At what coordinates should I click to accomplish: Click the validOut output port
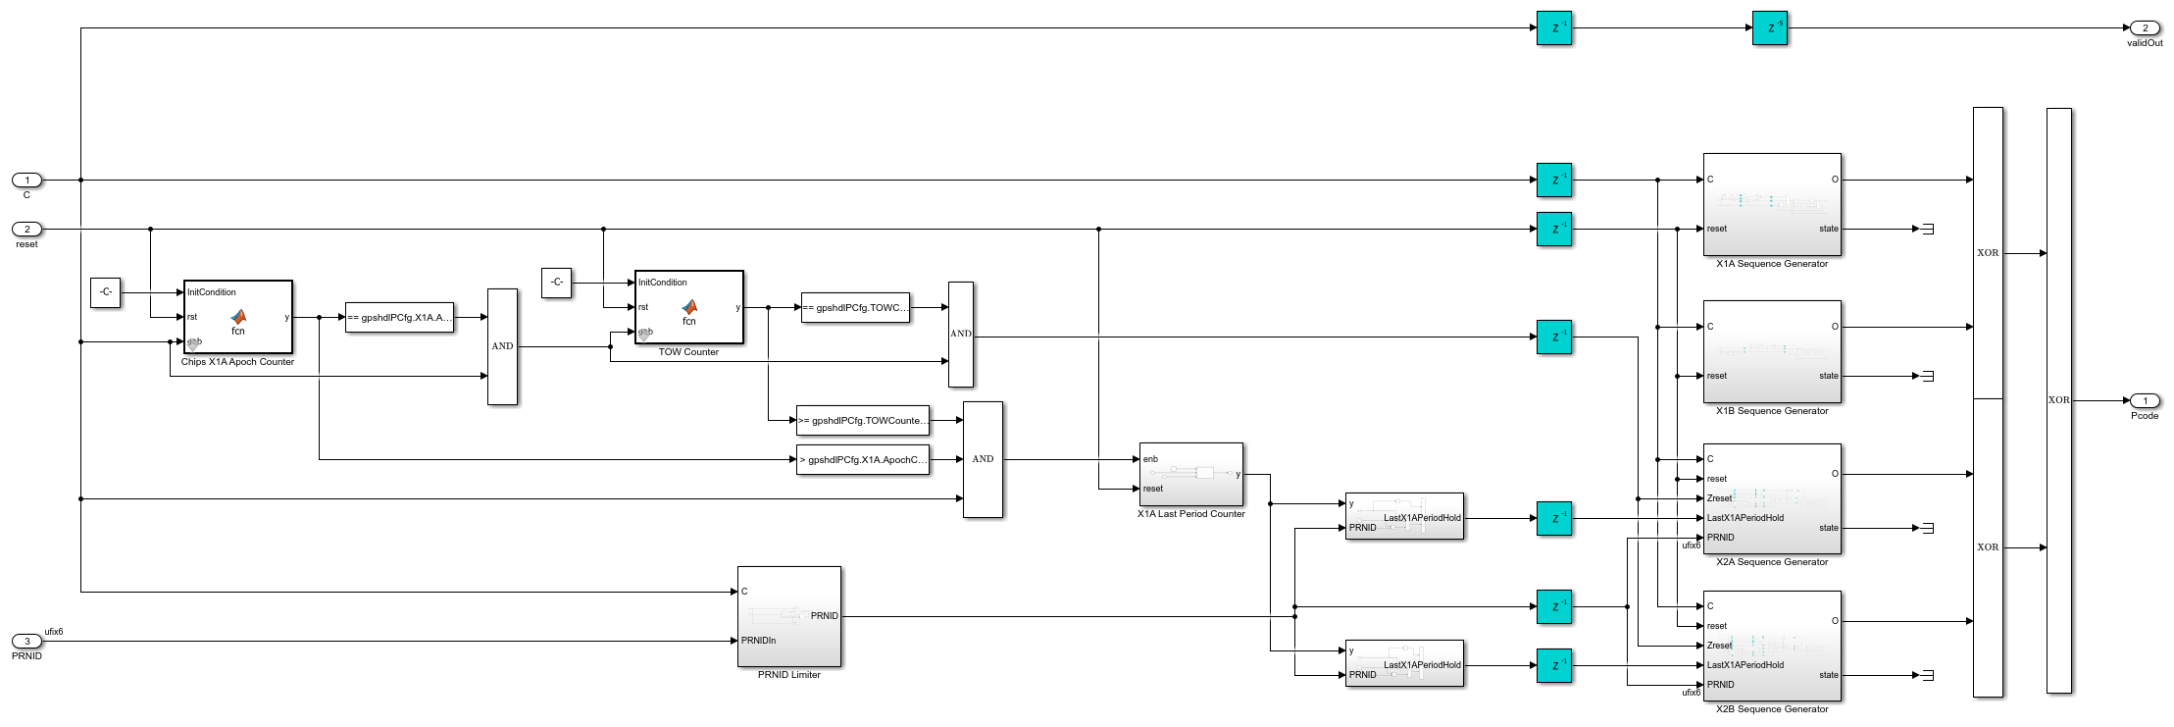(2145, 28)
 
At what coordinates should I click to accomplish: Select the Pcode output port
(2145, 400)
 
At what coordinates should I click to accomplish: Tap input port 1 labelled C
(27, 180)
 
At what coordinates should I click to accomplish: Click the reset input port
(27, 229)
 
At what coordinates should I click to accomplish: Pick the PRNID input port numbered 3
(27, 641)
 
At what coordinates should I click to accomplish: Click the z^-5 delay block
(1769, 28)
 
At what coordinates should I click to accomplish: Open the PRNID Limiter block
(788, 616)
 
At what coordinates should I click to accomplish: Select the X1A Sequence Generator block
(1772, 204)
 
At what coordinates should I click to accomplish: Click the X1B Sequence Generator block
(1772, 351)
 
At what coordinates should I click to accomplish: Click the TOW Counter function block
(688, 307)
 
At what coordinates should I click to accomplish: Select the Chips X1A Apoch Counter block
(237, 317)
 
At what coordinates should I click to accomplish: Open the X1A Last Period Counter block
(1190, 474)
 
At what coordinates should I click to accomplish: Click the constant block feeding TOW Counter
(556, 283)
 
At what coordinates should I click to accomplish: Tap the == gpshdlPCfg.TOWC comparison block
(855, 307)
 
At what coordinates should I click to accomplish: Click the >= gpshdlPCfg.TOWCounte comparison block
(862, 420)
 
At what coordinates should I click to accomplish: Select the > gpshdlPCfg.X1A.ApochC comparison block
(862, 459)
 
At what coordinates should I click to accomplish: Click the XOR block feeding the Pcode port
(2058, 400)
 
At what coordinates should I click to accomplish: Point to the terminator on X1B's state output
(1927, 376)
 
